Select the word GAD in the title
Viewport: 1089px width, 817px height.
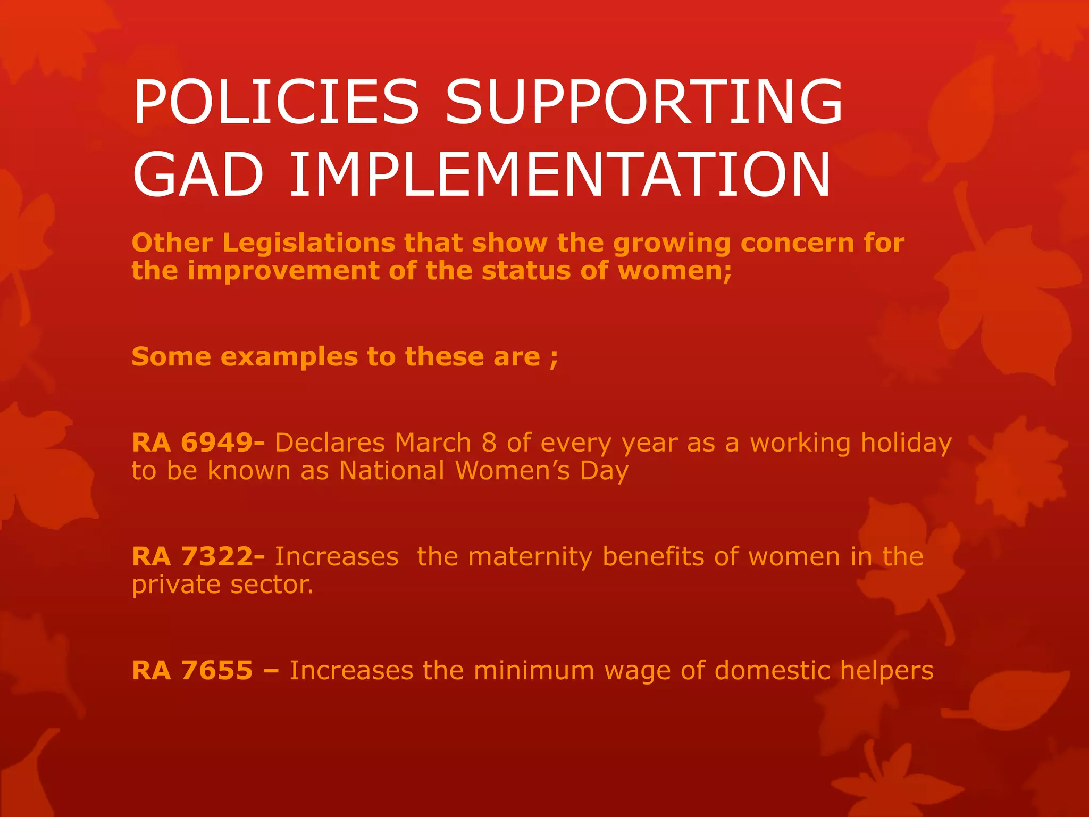(x=198, y=174)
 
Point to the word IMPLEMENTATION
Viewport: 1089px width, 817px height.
(x=559, y=174)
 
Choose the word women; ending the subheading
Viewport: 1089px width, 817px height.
(x=674, y=271)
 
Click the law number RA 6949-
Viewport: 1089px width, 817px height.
(x=198, y=443)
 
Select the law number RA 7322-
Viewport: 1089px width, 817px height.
(x=198, y=556)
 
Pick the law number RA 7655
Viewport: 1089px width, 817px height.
(x=192, y=670)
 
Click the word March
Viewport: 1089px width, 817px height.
(x=433, y=443)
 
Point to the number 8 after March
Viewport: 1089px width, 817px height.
(x=489, y=443)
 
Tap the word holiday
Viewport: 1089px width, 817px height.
(x=906, y=443)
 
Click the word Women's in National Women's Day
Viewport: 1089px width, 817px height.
(x=513, y=471)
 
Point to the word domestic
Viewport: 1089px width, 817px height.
(x=773, y=670)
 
